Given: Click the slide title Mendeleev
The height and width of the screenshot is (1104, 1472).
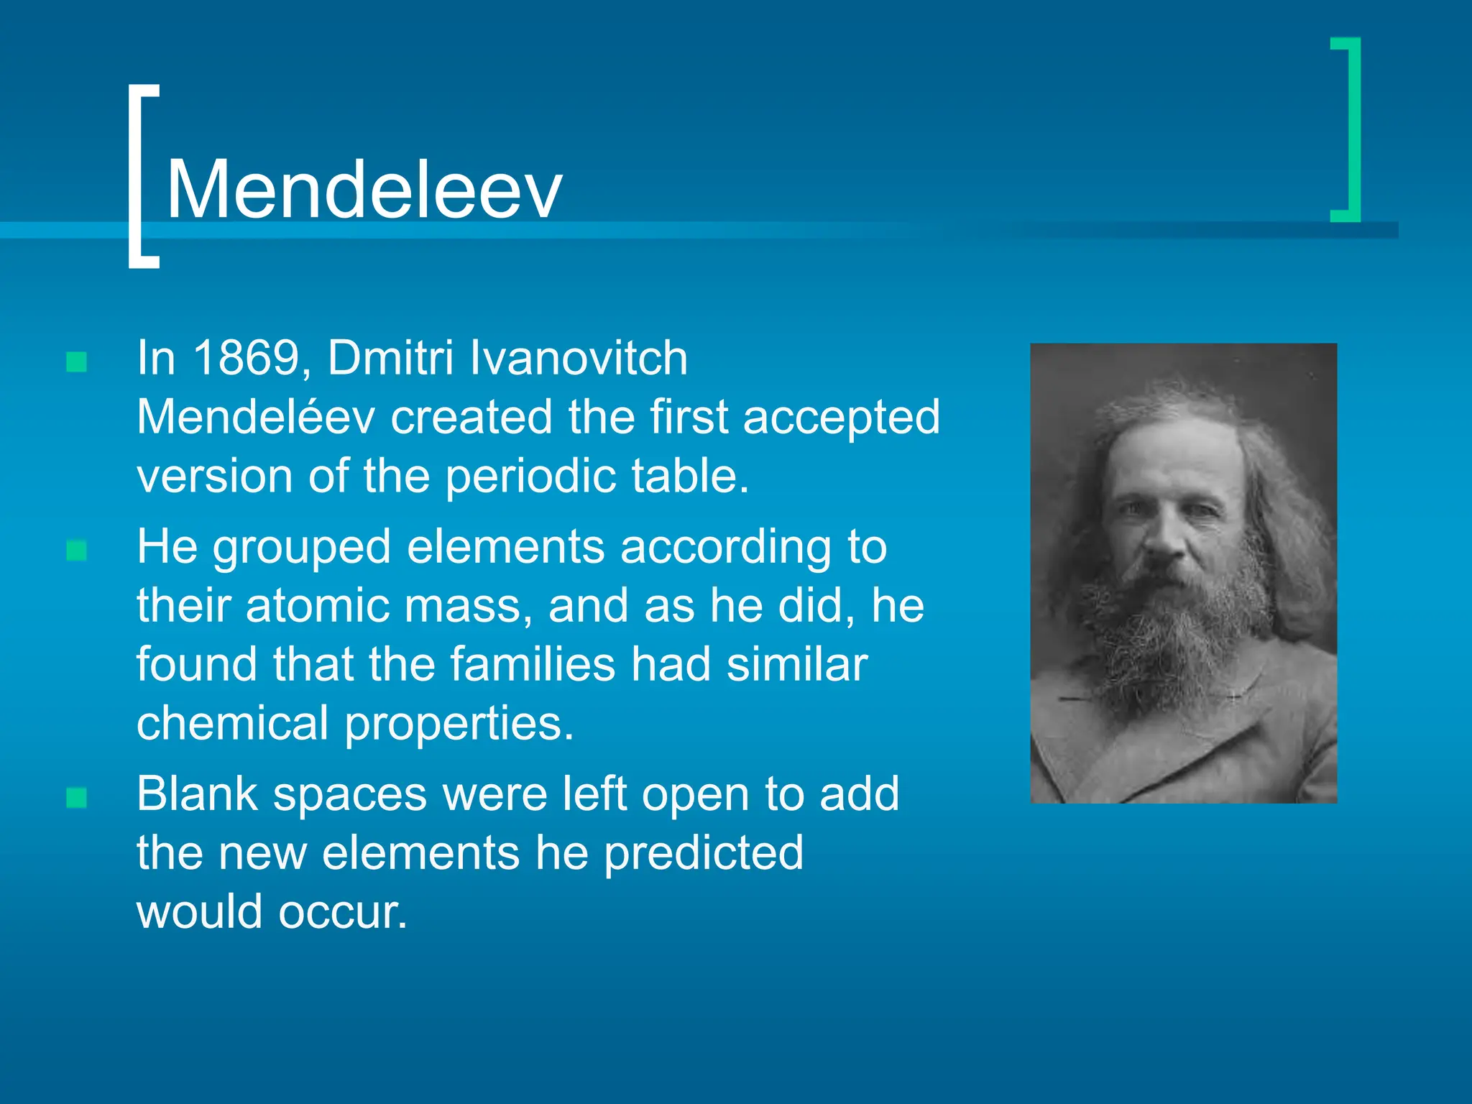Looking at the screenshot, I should coord(364,190).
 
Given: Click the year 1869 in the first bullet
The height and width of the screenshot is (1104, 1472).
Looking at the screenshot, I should coord(246,358).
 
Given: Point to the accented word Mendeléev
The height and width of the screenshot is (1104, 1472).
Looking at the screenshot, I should coord(255,417).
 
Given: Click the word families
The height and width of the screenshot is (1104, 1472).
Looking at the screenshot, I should coord(533,664).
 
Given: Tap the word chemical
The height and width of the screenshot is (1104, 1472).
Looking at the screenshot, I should coord(231,723).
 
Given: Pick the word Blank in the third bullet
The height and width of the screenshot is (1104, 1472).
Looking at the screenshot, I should coord(197,793).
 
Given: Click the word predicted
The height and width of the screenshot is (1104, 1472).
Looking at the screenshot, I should coord(703,854).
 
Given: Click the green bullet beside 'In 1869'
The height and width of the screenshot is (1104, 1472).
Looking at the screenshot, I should coord(76,362).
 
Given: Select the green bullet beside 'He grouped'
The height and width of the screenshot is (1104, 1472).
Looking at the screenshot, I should coord(76,551).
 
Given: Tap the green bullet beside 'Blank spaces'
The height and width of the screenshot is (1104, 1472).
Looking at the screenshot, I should coord(76,798).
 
